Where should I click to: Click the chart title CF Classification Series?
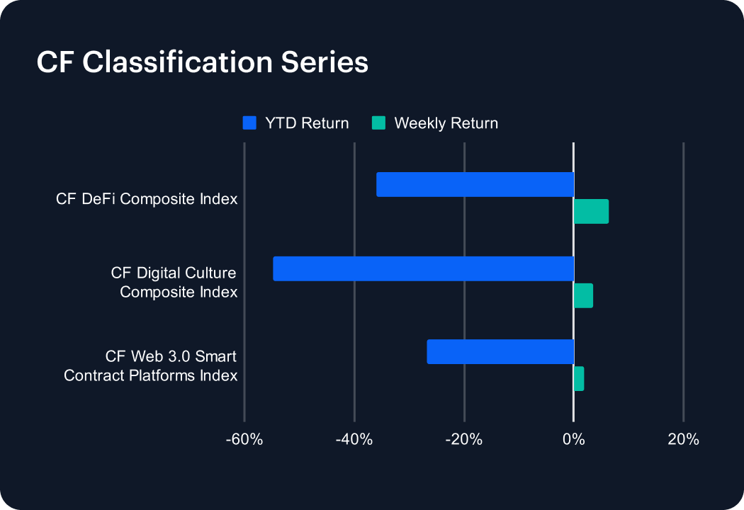coord(202,62)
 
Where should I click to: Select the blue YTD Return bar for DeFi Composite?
coord(475,184)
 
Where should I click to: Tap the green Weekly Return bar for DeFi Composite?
coord(591,212)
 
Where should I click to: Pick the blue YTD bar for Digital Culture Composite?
coord(423,268)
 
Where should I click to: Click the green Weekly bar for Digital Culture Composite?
coord(583,295)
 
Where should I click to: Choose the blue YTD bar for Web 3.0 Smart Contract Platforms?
coord(500,352)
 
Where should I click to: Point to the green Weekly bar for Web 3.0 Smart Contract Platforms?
coord(579,379)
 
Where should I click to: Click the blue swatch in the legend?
coord(249,123)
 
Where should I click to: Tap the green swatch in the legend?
coord(379,123)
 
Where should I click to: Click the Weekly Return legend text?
coord(446,123)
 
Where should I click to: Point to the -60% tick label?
coord(244,440)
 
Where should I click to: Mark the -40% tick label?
coord(354,440)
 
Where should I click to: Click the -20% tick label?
coord(464,440)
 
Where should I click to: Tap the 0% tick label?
coord(573,440)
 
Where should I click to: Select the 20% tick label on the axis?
coord(683,440)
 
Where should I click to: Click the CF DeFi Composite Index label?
coord(147,199)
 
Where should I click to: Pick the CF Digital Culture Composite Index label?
coord(174,282)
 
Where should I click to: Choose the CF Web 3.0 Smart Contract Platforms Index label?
coord(151,365)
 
